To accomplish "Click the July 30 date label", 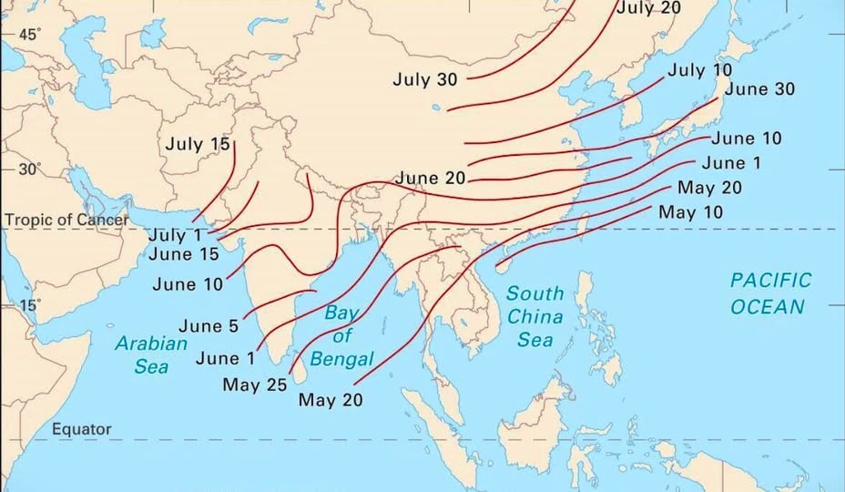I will (425, 79).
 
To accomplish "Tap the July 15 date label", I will (198, 144).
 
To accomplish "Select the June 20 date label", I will (430, 178).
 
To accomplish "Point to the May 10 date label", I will (690, 212).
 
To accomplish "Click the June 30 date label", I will (759, 89).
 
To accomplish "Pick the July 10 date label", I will (700, 69).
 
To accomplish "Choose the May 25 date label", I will (255, 384).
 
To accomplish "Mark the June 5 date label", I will (209, 325).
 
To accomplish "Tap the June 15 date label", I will (184, 254).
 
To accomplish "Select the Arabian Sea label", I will (151, 354).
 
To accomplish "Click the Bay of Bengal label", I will (342, 335).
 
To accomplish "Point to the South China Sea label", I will (535, 316).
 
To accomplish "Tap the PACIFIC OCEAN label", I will (769, 293).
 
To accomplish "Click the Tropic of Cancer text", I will (66, 220).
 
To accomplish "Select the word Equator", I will (81, 429).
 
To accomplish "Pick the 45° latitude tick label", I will (30, 34).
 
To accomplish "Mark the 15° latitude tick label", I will (30, 304).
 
